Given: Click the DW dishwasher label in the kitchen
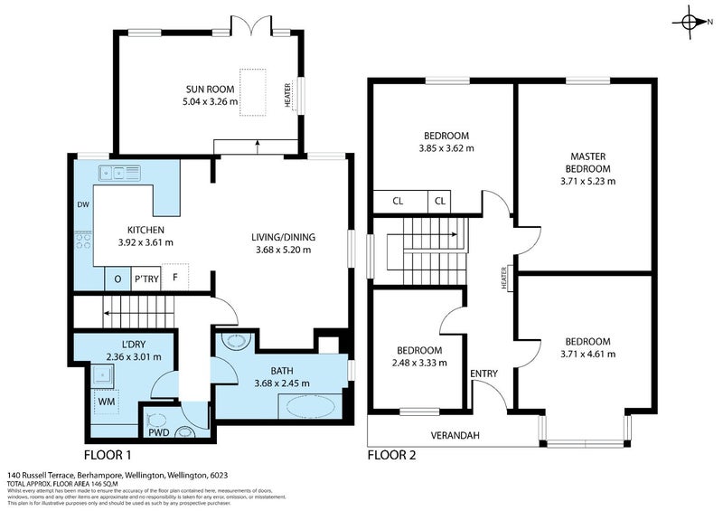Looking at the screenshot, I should click(82, 205).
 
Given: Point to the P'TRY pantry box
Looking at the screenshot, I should click(146, 279).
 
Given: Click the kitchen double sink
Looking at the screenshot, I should click(120, 171).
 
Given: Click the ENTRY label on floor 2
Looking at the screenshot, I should click(484, 373).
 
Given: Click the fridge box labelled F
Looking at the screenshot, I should click(175, 279).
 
